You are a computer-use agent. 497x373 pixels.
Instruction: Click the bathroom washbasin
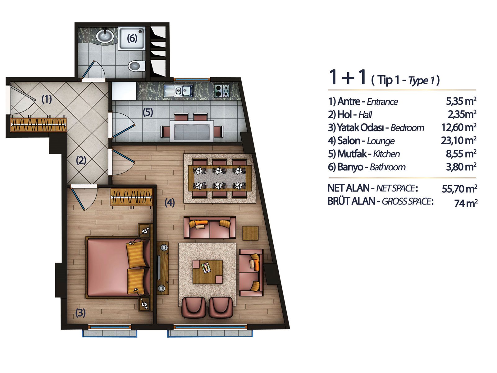[x=105, y=36]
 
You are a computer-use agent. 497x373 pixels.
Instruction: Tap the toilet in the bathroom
[x=137, y=66]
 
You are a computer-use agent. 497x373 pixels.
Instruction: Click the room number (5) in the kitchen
[x=148, y=112]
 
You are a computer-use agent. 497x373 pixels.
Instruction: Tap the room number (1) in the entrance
[x=47, y=99]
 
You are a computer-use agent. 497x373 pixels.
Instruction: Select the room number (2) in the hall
[x=81, y=160]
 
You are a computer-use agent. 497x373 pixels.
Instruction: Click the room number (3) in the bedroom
[x=80, y=313]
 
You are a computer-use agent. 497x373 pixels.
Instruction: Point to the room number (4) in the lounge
[x=170, y=202]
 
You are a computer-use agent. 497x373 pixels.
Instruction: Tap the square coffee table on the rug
[x=207, y=272]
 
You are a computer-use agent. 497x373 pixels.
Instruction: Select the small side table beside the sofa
[x=250, y=233]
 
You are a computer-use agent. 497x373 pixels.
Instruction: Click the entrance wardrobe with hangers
[x=39, y=125]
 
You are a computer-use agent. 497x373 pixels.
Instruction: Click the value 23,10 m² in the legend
[x=458, y=140]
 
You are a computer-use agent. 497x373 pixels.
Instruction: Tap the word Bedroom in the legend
[x=407, y=128]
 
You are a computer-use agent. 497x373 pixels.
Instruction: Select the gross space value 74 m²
[x=466, y=203]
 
